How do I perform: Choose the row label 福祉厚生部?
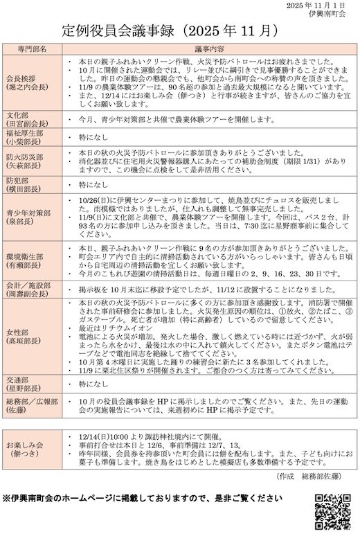click(25, 133)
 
